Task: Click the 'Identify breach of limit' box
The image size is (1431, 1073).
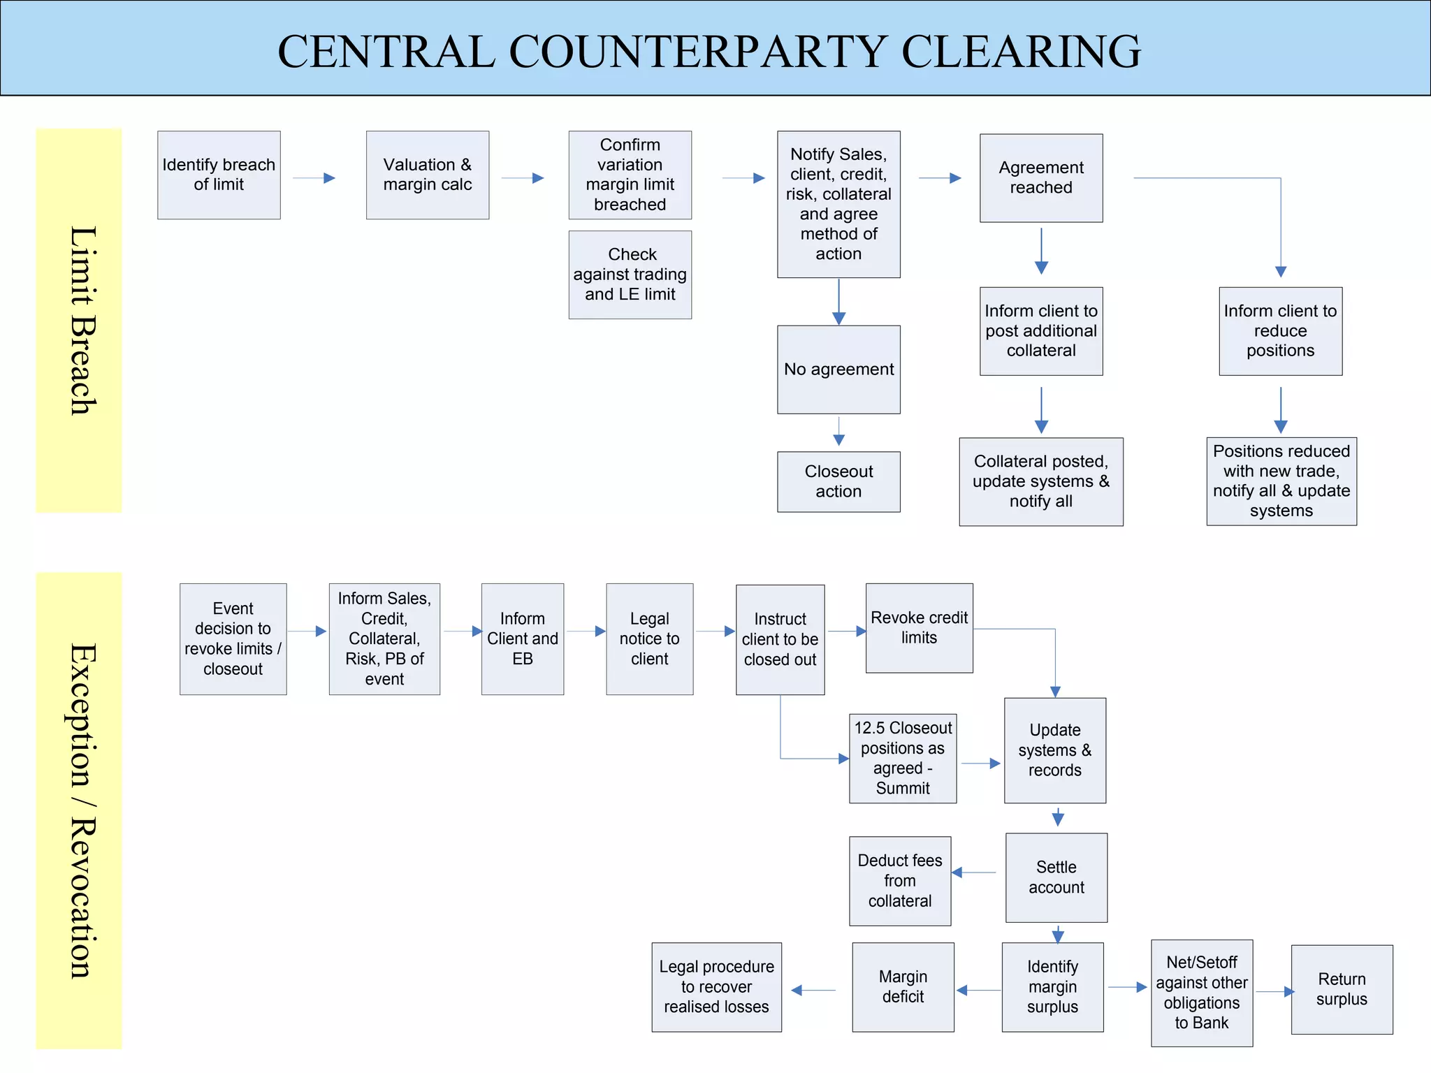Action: pyautogui.click(x=219, y=175)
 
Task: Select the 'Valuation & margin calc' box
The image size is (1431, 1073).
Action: pyautogui.click(x=427, y=175)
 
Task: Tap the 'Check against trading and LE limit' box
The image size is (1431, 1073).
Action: pyautogui.click(x=630, y=275)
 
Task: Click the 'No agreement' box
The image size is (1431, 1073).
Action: pyautogui.click(x=838, y=369)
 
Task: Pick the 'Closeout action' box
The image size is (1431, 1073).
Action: pyautogui.click(x=838, y=481)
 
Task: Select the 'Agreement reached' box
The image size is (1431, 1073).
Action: pyautogui.click(x=1040, y=177)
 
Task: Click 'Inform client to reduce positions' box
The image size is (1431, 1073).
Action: pyautogui.click(x=1280, y=330)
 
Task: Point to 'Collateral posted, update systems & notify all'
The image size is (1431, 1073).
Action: pyautogui.click(x=1040, y=481)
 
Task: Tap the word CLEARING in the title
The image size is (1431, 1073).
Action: pyautogui.click(x=1021, y=52)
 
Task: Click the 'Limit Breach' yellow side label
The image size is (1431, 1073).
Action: pyautogui.click(x=79, y=320)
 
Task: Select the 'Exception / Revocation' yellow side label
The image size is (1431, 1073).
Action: pyautogui.click(x=79, y=810)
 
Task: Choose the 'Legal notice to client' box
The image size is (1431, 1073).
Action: pyautogui.click(x=649, y=638)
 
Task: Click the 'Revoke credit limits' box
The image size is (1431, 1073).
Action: pyautogui.click(x=919, y=627)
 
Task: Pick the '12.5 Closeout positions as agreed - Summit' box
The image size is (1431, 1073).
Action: pyautogui.click(x=902, y=758)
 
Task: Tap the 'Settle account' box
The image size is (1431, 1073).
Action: pyautogui.click(x=1056, y=877)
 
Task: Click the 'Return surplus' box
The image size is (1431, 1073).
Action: pyautogui.click(x=1341, y=989)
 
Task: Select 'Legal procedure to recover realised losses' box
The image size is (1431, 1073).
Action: pyautogui.click(x=716, y=986)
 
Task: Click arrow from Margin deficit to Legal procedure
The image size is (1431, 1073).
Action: pyautogui.click(x=814, y=990)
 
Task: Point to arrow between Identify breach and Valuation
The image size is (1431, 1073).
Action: pyautogui.click(x=314, y=178)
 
